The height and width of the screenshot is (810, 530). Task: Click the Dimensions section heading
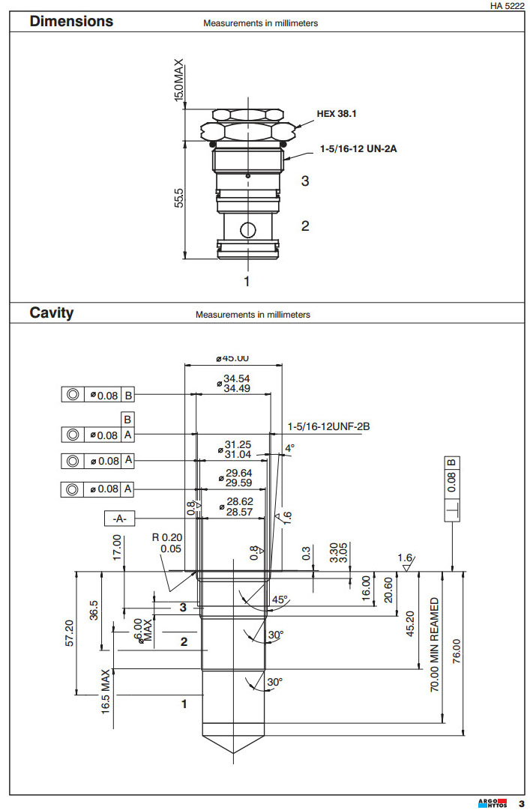71,21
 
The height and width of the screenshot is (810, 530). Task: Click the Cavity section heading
52,312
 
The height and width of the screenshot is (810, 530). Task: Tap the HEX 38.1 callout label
338,114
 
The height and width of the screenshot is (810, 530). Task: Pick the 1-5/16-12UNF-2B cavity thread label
329,426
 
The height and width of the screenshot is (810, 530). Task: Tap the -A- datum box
118,518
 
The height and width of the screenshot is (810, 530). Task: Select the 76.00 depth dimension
457,650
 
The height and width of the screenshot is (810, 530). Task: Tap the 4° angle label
289,448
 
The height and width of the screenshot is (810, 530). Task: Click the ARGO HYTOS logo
493,803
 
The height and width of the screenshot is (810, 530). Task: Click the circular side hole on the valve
247,229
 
